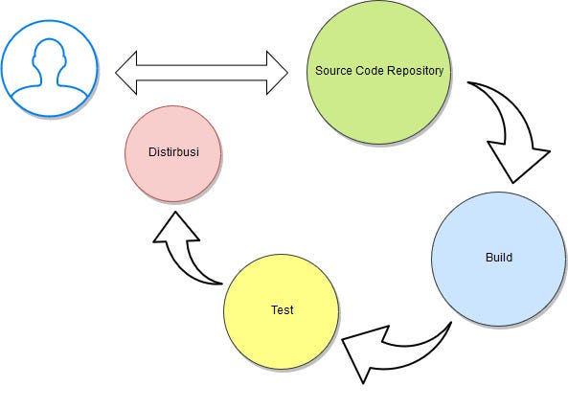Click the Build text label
499,258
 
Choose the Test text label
282,310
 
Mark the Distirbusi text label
173,152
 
